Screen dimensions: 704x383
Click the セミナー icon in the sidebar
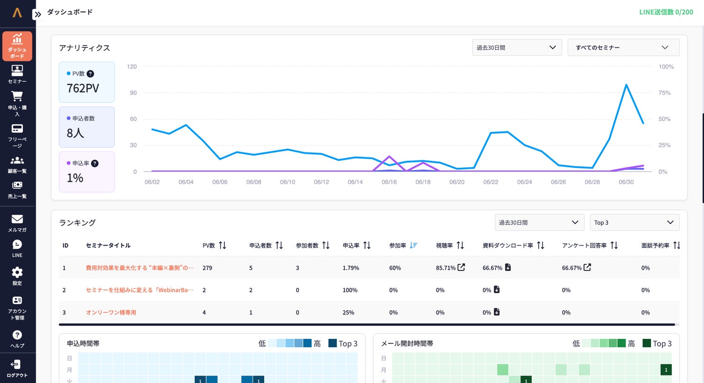(17, 71)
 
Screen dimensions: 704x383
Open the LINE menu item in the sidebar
(17, 248)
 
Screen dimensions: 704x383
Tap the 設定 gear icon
(17, 272)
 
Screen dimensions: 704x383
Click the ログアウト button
(17, 368)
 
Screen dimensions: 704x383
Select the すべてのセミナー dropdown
(623, 47)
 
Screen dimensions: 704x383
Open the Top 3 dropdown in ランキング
(635, 222)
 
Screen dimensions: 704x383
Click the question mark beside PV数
(90, 74)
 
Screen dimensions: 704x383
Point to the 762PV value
(83, 88)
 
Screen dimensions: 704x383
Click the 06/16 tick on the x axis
(389, 182)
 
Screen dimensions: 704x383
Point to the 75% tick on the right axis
(665, 92)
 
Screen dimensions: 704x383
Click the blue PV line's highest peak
(626, 84)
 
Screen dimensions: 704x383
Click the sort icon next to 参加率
(413, 245)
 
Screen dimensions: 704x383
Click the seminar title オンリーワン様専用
(111, 312)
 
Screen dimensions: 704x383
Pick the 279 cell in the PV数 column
(207, 268)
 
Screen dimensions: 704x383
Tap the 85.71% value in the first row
(445, 268)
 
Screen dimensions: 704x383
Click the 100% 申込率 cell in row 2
(350, 290)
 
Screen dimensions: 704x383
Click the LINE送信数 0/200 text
(666, 12)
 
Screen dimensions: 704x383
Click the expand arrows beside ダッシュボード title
(38, 14)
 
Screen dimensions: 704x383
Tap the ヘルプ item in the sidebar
(17, 339)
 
